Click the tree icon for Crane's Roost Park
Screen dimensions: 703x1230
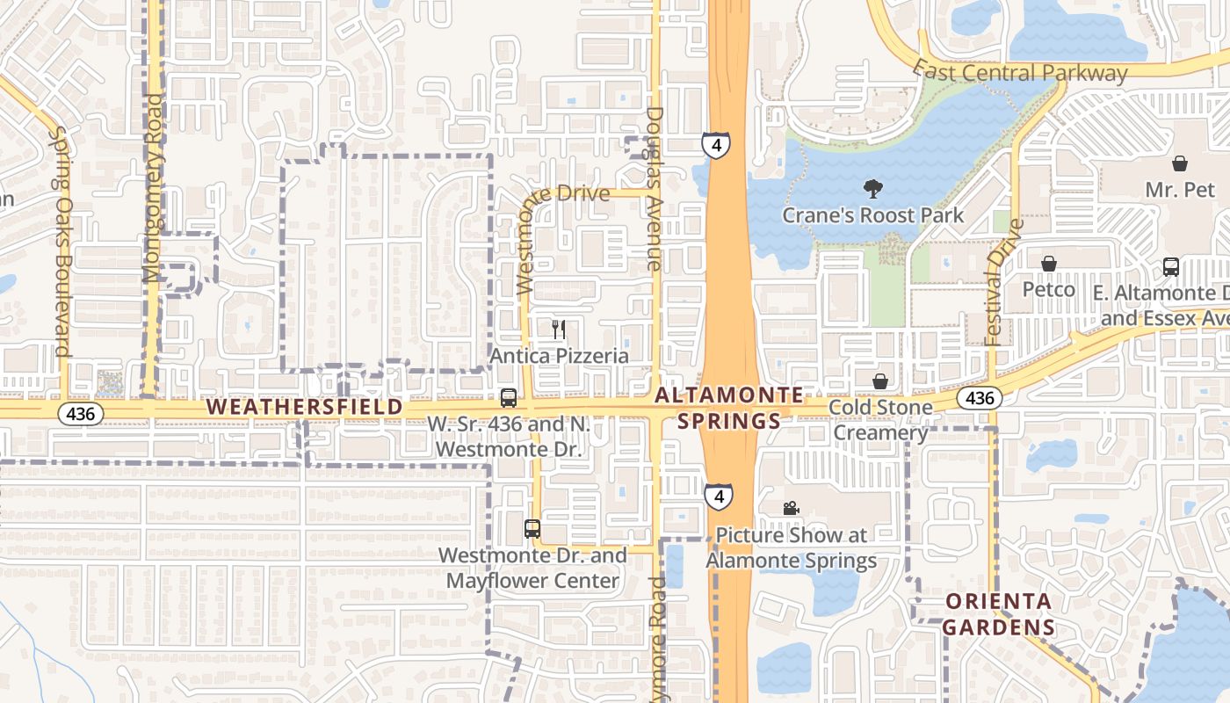tap(872, 188)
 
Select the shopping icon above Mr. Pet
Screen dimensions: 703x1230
tap(1179, 163)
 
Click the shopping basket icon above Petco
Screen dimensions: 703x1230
tap(1048, 264)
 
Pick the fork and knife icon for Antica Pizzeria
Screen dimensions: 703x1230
tap(559, 330)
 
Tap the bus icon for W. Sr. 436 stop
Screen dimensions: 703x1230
tap(508, 398)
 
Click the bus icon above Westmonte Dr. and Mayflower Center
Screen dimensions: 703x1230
tap(532, 529)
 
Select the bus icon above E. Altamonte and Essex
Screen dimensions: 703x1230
tap(1170, 267)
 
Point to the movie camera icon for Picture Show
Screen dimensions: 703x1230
tap(791, 509)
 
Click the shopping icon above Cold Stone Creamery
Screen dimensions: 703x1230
tap(879, 381)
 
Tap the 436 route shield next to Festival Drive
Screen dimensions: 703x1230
tap(979, 398)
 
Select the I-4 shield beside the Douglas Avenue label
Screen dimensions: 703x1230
tap(715, 145)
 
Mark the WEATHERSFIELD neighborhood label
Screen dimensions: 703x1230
tap(305, 408)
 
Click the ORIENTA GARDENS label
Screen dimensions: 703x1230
tap(999, 614)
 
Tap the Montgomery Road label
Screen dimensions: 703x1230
tap(155, 188)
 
